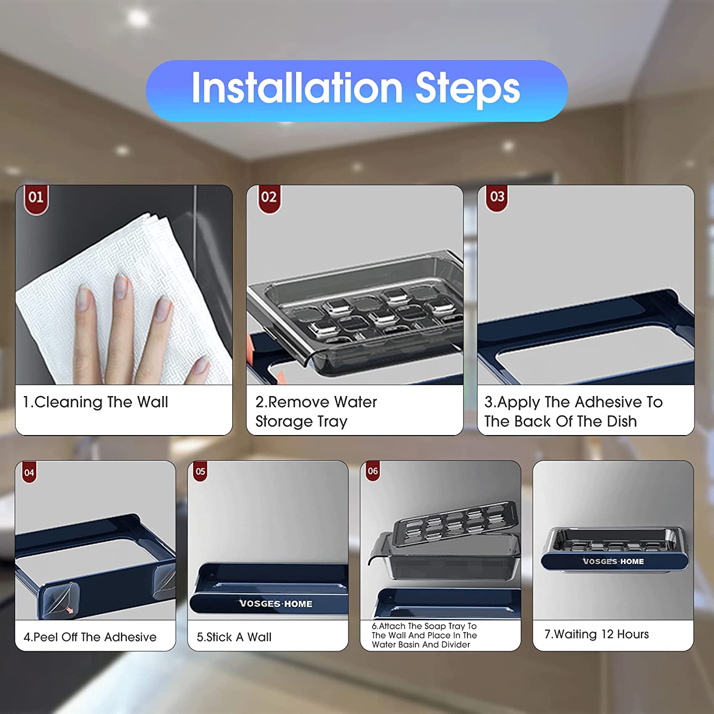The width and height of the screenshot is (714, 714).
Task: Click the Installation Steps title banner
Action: [x=357, y=90]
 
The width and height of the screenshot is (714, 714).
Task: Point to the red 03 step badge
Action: [x=497, y=198]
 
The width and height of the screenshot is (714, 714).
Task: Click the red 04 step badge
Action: [x=29, y=472]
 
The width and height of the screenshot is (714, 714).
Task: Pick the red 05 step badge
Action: [x=200, y=471]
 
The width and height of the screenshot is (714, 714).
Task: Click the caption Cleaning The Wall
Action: [x=96, y=402]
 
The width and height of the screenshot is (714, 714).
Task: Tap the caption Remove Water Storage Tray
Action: [x=316, y=412]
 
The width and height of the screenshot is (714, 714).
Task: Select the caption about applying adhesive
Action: [x=574, y=412]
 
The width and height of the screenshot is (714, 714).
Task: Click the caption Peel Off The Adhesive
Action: [x=90, y=637]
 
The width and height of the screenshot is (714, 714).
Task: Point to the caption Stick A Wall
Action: [x=234, y=637]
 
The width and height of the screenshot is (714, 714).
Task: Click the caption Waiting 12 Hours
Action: [x=597, y=635]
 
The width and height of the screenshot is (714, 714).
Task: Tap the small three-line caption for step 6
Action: [x=424, y=635]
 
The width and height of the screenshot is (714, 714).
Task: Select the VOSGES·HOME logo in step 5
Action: [x=276, y=604]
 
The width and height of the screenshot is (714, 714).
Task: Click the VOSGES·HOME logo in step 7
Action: [x=614, y=562]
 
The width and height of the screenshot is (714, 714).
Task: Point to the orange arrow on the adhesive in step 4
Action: [x=70, y=610]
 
